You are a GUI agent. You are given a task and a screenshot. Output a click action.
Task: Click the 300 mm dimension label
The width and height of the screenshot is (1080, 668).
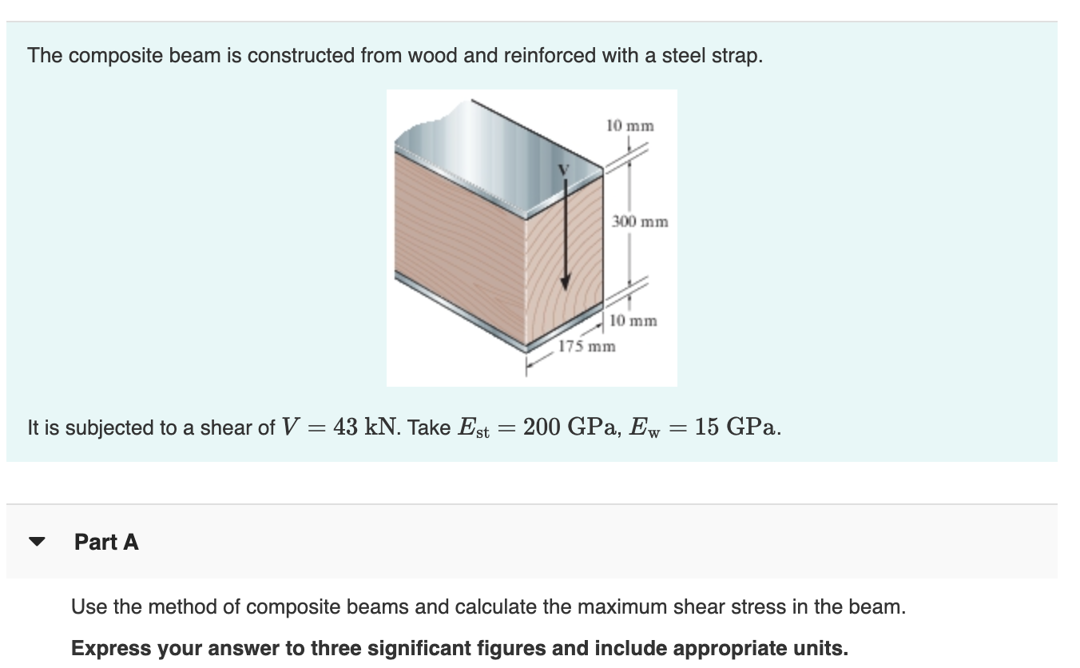639,221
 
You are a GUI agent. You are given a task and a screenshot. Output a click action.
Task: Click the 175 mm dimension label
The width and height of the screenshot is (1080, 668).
586,347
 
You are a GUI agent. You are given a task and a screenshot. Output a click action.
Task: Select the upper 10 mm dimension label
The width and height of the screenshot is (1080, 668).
629,125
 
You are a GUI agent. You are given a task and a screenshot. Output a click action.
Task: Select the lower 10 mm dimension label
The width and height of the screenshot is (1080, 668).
633,321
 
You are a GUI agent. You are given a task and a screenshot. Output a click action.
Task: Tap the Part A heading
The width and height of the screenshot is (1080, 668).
106,542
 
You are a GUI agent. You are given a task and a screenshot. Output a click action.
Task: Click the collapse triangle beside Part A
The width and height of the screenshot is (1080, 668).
37,542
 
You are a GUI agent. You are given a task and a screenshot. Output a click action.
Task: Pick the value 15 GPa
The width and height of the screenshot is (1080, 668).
737,427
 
